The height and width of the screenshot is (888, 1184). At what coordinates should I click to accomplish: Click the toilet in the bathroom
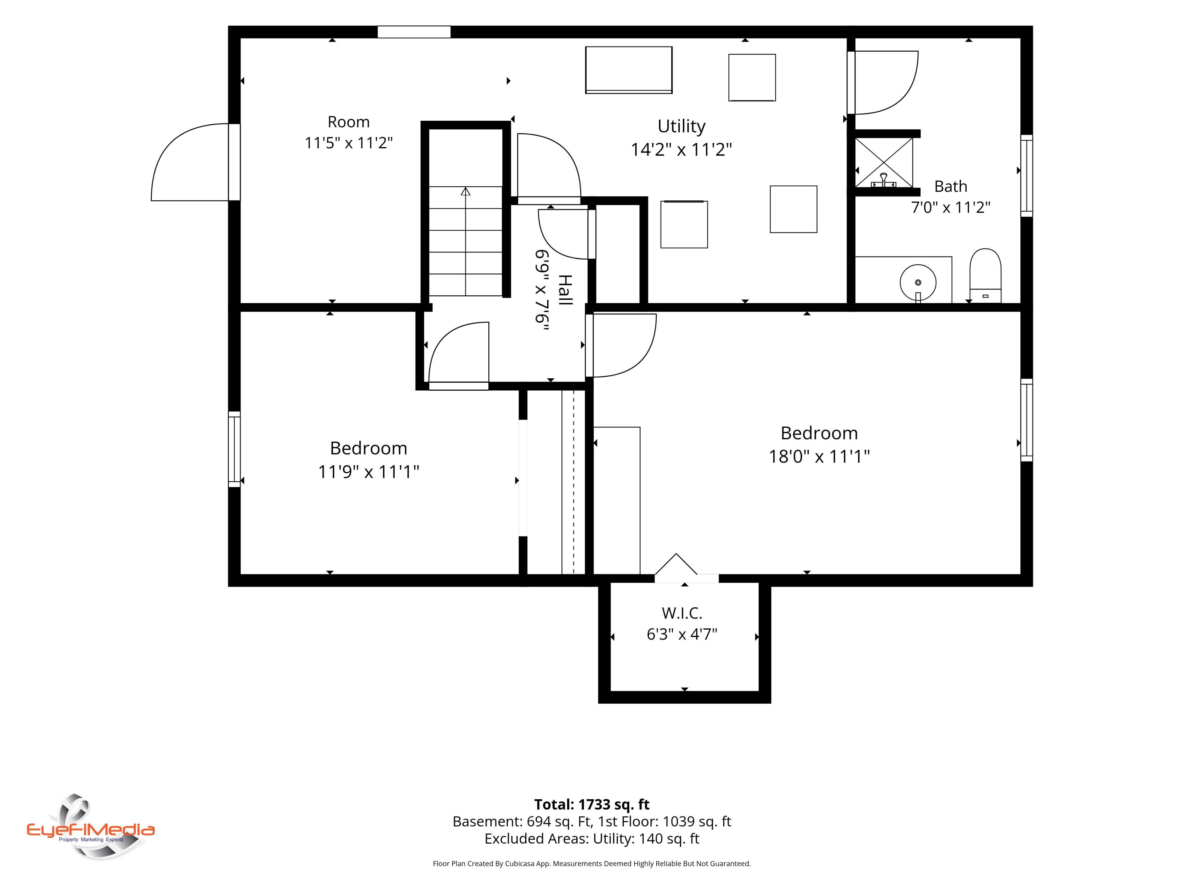(985, 276)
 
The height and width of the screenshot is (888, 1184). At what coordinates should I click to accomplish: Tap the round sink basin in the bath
(918, 282)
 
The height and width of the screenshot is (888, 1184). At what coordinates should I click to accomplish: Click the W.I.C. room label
(682, 613)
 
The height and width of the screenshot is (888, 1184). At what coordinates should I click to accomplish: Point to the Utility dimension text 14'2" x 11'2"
(681, 149)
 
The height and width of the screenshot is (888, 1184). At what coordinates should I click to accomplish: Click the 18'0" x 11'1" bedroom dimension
(819, 457)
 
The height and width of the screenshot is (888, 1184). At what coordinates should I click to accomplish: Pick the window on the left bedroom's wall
(234, 449)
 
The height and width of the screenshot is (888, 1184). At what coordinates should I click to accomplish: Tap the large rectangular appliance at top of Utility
(629, 70)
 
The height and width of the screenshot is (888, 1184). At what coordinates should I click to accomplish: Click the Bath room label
(951, 186)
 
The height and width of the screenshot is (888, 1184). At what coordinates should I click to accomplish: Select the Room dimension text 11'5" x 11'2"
(348, 143)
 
